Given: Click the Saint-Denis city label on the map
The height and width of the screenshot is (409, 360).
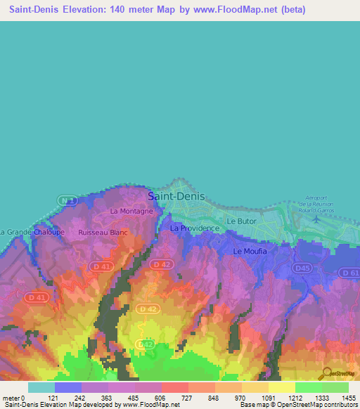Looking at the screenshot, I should coord(176,197).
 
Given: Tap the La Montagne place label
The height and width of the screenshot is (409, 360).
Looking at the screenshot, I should coord(131,211).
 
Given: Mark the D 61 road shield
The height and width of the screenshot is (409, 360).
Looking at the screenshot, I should coord(349,272).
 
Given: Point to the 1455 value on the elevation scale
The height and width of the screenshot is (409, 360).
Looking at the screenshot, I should coord(349,398).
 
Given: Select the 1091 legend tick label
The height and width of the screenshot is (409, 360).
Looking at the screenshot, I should coord(269,398).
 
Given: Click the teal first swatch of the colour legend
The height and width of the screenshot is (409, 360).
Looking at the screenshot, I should coord(41,387).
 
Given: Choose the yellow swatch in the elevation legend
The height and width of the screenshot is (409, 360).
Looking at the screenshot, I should coord(281,387).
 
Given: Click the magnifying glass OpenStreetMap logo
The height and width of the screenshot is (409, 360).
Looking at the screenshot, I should coord(326,373).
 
